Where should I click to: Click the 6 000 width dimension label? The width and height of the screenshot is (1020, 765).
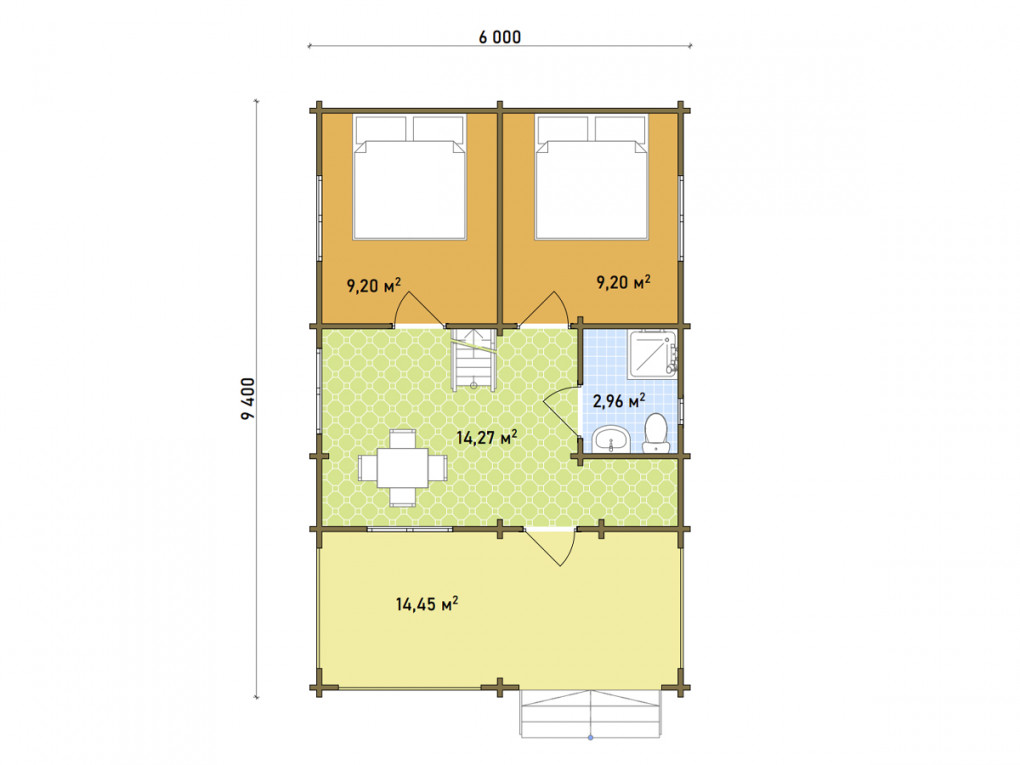click(x=500, y=37)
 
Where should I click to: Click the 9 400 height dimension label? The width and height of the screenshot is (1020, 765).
click(x=248, y=399)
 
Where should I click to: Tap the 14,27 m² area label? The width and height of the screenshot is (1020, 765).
click(x=487, y=437)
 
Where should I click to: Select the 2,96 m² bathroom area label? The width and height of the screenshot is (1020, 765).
click(x=619, y=400)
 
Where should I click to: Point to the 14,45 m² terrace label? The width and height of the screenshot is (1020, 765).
click(x=427, y=604)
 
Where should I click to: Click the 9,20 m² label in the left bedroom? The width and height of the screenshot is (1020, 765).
click(x=373, y=285)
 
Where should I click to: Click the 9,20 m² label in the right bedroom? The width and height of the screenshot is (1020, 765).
click(x=623, y=282)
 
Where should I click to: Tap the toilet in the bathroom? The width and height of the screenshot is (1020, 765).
click(x=656, y=433)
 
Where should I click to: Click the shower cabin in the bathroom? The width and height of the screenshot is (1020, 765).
click(x=652, y=355)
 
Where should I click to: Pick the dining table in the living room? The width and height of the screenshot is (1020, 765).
click(x=403, y=467)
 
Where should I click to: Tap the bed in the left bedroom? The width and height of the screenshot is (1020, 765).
click(x=410, y=177)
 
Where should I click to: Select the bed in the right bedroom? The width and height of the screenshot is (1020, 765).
click(x=592, y=177)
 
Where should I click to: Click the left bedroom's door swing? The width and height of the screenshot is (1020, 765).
click(x=419, y=308)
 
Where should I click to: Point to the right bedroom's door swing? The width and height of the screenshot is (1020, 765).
click(x=545, y=308)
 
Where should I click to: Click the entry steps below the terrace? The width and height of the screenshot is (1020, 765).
click(x=590, y=714)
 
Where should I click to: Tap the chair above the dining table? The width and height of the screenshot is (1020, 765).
click(x=403, y=438)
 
